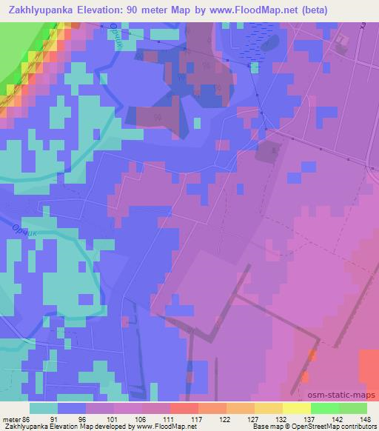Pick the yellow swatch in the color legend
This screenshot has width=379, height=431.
point(297,408)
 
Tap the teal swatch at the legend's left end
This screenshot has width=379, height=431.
point(44,408)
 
